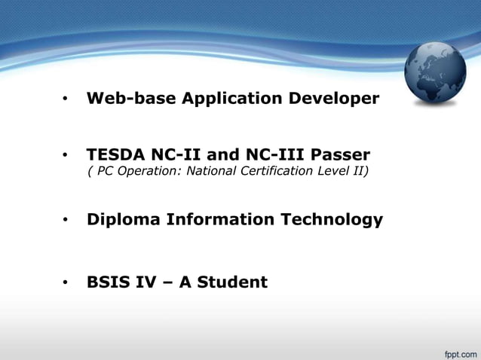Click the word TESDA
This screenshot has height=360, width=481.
[x=115, y=155]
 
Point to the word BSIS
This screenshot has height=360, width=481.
[x=107, y=282]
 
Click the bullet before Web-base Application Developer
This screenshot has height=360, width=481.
[x=66, y=99]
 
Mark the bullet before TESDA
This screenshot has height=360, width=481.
[x=66, y=156]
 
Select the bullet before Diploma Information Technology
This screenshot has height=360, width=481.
[x=66, y=221]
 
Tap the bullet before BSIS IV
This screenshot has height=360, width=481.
[x=66, y=283]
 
